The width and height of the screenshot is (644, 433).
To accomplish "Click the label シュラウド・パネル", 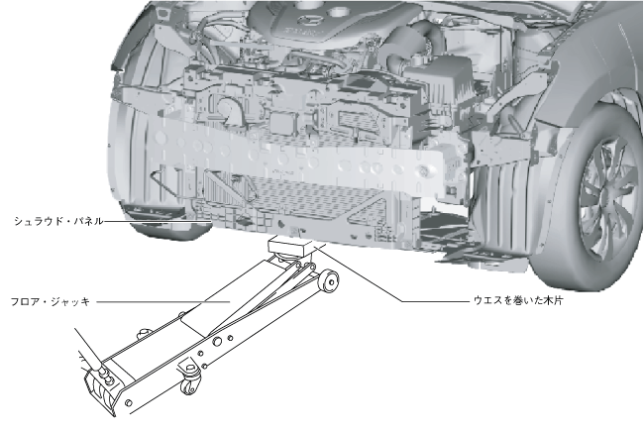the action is (58, 221).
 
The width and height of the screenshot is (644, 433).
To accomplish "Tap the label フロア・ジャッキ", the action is (51, 302).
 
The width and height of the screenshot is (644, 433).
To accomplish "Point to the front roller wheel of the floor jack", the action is (329, 280).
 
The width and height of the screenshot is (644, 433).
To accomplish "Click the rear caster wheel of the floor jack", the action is (190, 381).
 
